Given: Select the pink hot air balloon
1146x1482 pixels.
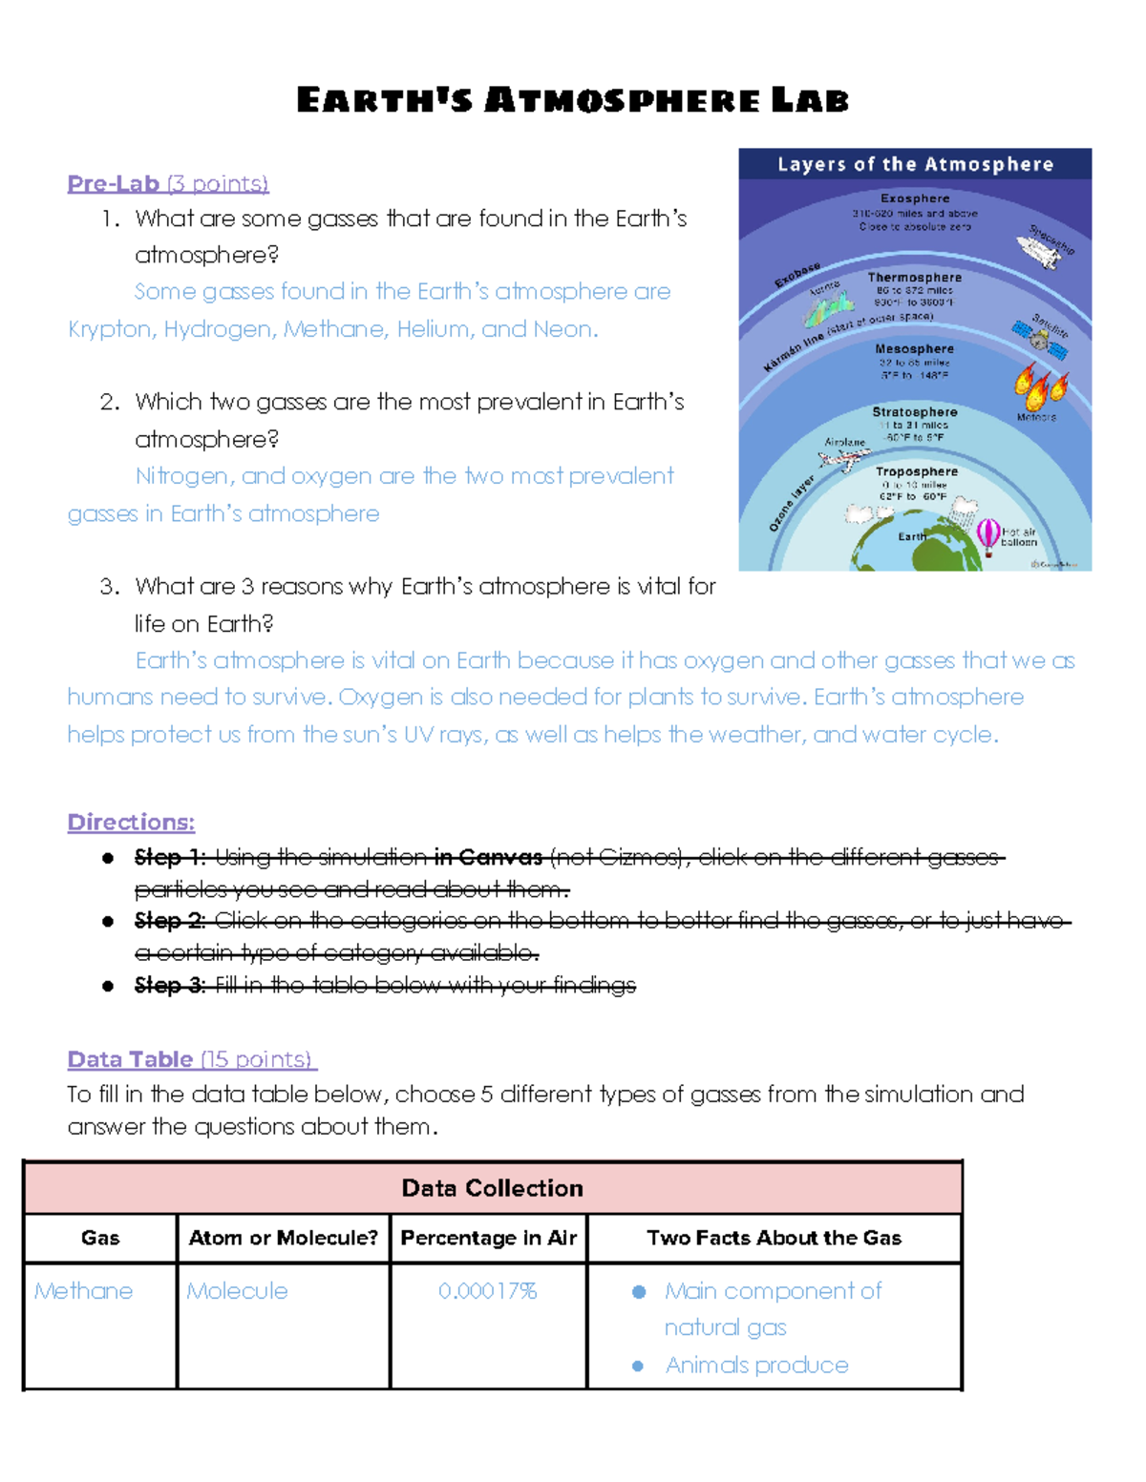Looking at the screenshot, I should [987, 535].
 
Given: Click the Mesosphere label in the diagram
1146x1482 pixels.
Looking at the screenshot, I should [914, 349].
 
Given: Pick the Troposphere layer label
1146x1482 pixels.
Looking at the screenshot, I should [916, 471].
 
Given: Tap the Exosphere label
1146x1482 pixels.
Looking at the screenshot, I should [915, 198].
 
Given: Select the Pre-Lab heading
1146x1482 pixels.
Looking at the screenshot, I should [114, 183].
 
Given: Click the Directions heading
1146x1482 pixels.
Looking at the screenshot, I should [131, 822].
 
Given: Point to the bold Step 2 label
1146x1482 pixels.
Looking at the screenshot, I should [170, 921].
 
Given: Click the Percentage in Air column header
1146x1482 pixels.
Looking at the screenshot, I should [488, 1238].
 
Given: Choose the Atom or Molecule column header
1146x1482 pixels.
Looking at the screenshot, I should [284, 1238].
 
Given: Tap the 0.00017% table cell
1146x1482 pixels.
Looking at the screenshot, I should [488, 1291].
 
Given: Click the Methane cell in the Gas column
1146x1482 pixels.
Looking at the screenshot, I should [84, 1291].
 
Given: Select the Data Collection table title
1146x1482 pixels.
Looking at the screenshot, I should [492, 1188].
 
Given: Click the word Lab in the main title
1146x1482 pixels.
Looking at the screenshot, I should [810, 100].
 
